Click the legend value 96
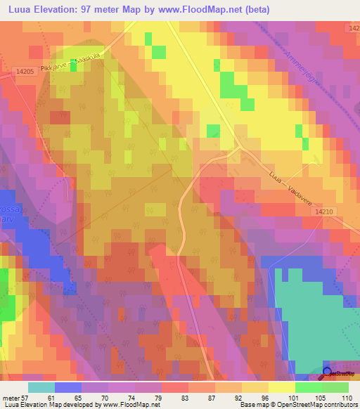pyautogui.click(x=265, y=397)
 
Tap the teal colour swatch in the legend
pyautogui.click(x=41, y=387)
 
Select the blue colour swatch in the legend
pyautogui.click(x=68, y=387)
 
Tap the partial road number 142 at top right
pyautogui.click(x=354, y=27)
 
